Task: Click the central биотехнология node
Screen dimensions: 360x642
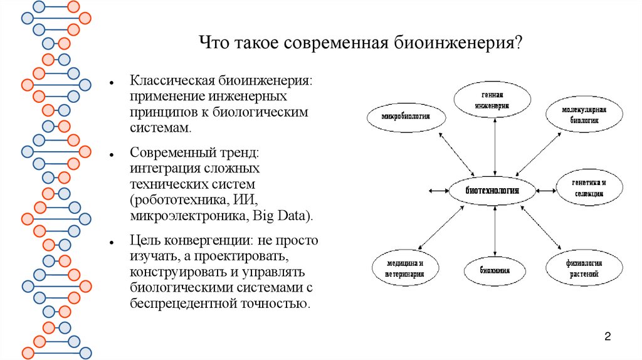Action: point(493,190)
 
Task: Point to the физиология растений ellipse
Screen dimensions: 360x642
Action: point(584,269)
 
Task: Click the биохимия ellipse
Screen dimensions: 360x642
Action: point(495,270)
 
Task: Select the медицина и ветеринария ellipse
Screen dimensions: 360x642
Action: point(405,269)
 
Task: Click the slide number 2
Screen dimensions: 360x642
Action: point(608,337)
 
